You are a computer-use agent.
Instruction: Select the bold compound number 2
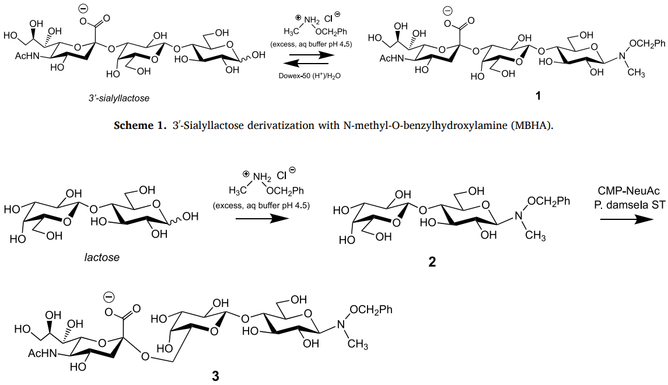(432, 262)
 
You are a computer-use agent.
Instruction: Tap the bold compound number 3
(215, 376)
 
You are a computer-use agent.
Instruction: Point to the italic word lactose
(102, 257)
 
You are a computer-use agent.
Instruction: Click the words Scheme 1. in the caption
(141, 125)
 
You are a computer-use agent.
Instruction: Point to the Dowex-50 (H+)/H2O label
(301, 75)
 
